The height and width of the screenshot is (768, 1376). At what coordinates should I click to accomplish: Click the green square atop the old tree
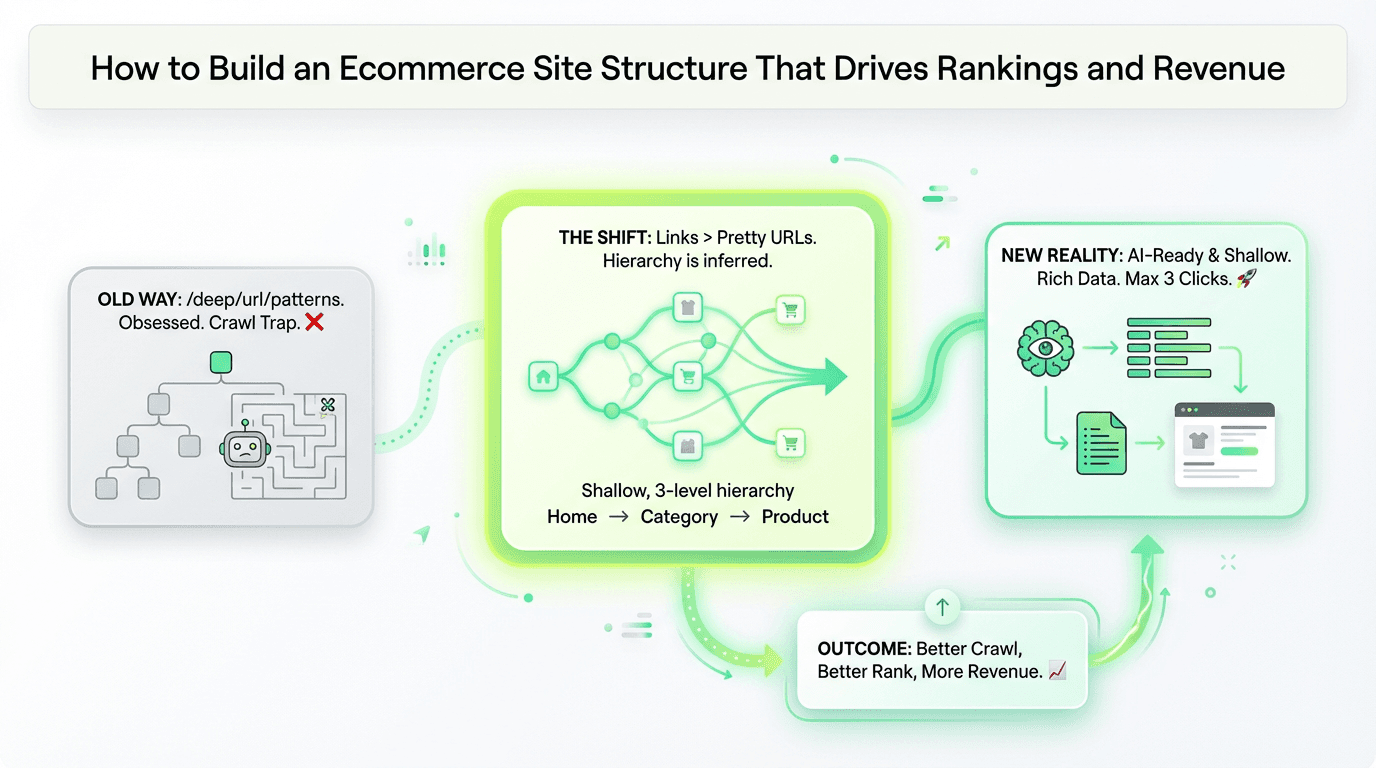[220, 362]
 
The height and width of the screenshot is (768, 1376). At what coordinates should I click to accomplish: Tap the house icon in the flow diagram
[543, 377]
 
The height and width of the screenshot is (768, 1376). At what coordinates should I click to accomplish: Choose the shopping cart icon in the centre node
[686, 377]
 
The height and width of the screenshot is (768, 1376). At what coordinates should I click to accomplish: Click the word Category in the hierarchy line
[679, 517]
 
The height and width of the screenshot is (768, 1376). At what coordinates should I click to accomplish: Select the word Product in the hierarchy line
[795, 517]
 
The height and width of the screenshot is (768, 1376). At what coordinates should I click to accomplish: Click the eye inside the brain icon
[1045, 349]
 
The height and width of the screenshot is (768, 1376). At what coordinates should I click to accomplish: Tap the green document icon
[1101, 443]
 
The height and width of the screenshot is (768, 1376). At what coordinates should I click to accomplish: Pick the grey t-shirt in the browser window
[1198, 440]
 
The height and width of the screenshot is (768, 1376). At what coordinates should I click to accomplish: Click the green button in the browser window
[1240, 451]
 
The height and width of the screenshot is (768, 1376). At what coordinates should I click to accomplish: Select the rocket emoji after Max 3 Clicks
[1246, 279]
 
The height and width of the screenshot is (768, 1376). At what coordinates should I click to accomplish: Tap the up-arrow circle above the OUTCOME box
[942, 606]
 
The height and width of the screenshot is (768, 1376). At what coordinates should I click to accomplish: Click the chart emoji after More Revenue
[1057, 672]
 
